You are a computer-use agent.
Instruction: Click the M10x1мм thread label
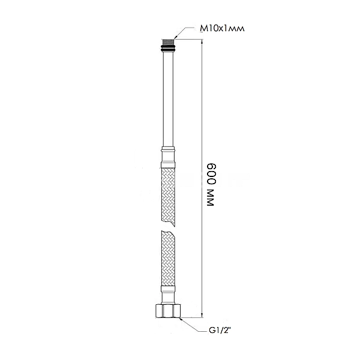[x=222, y=28]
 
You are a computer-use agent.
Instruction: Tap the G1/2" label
[x=220, y=331]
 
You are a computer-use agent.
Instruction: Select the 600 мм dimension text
[x=211, y=185]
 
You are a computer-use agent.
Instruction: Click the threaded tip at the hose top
[x=168, y=43]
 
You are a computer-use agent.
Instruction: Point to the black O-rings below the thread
[x=168, y=49]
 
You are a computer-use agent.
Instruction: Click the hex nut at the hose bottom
[x=168, y=311]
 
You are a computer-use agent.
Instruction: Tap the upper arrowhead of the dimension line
[x=202, y=42]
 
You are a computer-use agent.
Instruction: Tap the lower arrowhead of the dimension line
[x=202, y=315]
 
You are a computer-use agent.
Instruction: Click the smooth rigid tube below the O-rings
[x=168, y=99]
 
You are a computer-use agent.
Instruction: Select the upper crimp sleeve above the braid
[x=168, y=158]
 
